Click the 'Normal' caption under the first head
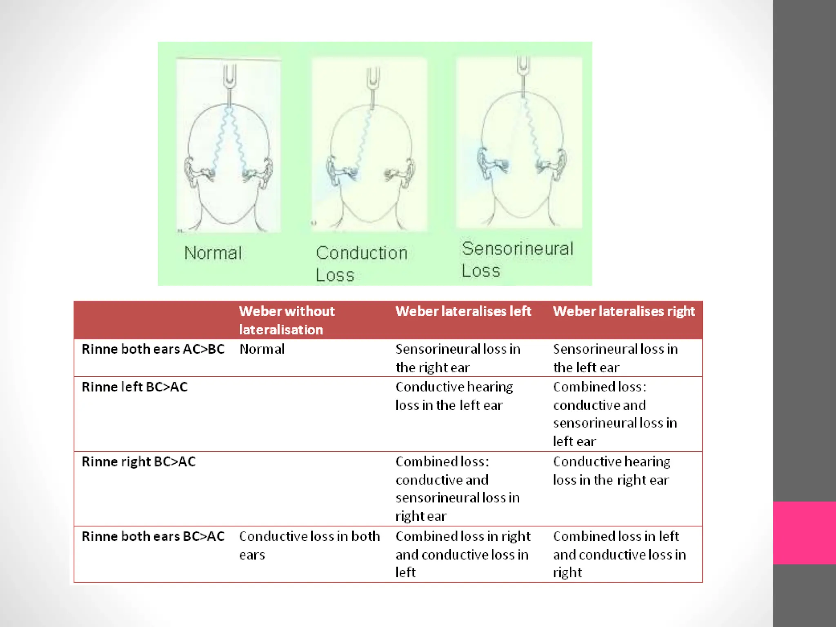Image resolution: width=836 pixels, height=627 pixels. click(x=213, y=253)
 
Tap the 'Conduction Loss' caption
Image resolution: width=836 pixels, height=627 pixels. click(x=361, y=263)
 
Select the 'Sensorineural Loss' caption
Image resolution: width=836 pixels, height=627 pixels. click(x=517, y=259)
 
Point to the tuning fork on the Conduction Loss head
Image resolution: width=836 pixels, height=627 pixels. click(x=373, y=84)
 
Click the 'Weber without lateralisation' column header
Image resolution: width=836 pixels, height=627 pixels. click(x=287, y=320)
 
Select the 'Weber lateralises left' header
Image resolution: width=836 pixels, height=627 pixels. click(x=463, y=311)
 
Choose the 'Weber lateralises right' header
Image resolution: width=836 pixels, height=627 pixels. click(x=623, y=311)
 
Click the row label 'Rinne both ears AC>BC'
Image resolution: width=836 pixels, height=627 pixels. click(x=153, y=349)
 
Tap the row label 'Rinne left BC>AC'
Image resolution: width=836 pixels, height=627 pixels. click(x=135, y=387)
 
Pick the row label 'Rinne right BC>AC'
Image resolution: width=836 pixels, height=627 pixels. click(x=139, y=462)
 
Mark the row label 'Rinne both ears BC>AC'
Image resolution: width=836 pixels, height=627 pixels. click(x=153, y=536)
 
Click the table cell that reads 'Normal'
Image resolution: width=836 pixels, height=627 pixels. click(x=262, y=349)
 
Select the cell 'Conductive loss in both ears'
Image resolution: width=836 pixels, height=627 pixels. click(x=309, y=545)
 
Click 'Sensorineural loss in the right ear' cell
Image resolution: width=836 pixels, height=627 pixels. click(x=458, y=358)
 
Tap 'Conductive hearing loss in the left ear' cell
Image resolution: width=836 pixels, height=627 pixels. click(x=454, y=396)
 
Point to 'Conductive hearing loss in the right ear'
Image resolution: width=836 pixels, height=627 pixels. click(x=611, y=471)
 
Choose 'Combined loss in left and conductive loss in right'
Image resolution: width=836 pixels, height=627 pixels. click(x=619, y=554)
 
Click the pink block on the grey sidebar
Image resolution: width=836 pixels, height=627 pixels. click(x=804, y=533)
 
